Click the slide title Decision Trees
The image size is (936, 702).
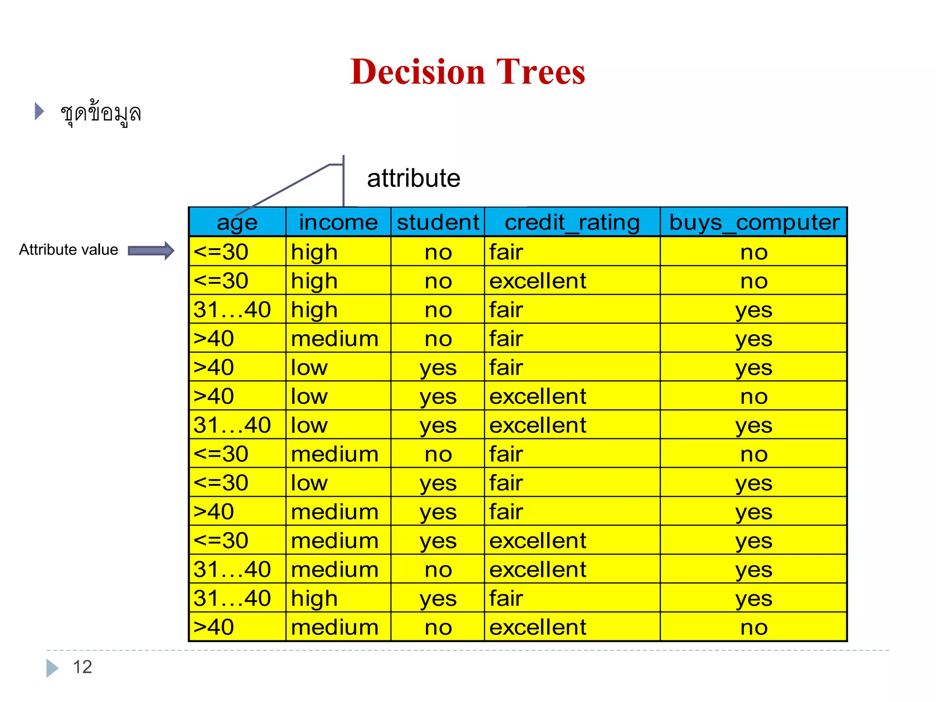pyautogui.click(x=468, y=72)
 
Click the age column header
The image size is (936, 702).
pyautogui.click(x=237, y=223)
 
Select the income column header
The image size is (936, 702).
pyautogui.click(x=338, y=223)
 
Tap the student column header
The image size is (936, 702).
pyautogui.click(x=438, y=223)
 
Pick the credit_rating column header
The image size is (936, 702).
pyautogui.click(x=572, y=223)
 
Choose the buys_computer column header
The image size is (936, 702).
pyautogui.click(x=754, y=223)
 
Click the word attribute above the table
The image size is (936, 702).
pyautogui.click(x=414, y=178)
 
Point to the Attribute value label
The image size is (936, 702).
pyautogui.click(x=69, y=250)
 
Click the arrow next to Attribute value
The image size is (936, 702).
pyautogui.click(x=151, y=250)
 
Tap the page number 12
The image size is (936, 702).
pyautogui.click(x=82, y=667)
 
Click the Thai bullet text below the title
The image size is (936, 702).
pyautogui.click(x=101, y=113)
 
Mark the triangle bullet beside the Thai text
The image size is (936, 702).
pyautogui.click(x=39, y=112)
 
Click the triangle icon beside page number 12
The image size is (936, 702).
pyautogui.click(x=52, y=668)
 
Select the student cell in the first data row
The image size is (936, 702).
pyautogui.click(x=438, y=252)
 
